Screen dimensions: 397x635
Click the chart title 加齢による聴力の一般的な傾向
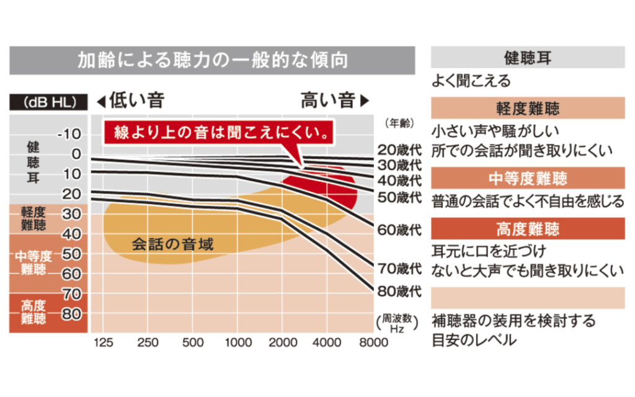click(x=212, y=60)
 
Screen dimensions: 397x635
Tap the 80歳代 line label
click(x=400, y=290)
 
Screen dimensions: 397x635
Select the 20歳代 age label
click(x=400, y=149)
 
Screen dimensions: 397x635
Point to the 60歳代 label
click(x=400, y=230)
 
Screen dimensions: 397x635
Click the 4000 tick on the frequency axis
click(x=327, y=343)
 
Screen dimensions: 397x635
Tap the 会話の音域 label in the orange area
click(x=172, y=244)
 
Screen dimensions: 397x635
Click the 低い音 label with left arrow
click(x=131, y=100)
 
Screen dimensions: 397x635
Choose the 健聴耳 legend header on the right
click(x=528, y=59)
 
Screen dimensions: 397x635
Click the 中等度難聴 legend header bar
click(x=528, y=179)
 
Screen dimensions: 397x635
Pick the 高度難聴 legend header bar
click(x=528, y=229)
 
